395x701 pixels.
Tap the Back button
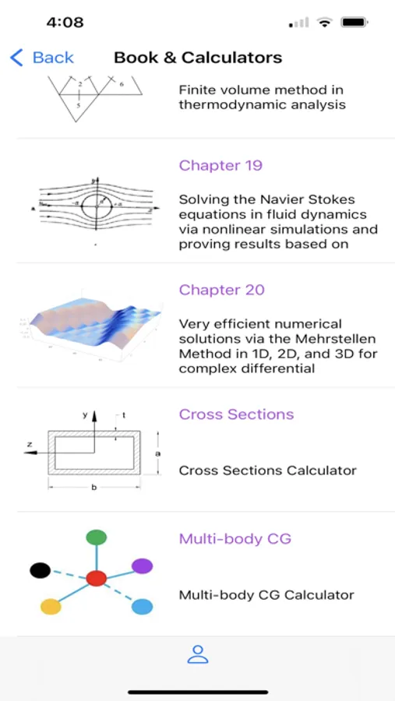42,58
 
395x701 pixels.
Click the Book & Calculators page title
198,58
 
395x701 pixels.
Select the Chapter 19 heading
220,165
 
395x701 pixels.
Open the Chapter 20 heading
222,290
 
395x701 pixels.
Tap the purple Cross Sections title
236,414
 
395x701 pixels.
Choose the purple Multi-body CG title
235,539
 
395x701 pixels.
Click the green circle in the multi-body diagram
96,537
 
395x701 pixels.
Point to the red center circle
96,578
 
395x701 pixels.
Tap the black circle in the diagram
41,570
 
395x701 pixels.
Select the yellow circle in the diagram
51,607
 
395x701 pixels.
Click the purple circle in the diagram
143,566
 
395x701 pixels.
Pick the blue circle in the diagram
143,607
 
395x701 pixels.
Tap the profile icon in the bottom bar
198,654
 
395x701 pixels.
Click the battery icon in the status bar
354,22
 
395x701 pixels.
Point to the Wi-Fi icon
324,22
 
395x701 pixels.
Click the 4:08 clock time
65,23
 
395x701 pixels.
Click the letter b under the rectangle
94,488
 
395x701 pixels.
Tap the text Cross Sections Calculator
267,470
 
